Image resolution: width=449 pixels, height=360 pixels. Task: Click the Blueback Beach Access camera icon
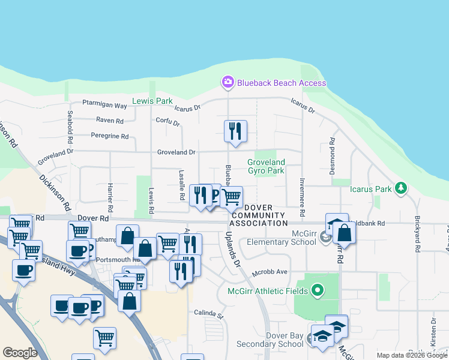click(228, 82)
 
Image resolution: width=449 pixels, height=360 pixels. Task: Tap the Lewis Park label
click(152, 101)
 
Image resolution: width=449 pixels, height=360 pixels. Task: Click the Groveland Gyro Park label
click(266, 166)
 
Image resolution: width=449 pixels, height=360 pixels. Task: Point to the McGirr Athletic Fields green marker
click(319, 292)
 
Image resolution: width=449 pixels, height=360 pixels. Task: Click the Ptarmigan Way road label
click(104, 106)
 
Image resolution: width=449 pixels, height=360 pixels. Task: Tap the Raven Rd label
click(110, 121)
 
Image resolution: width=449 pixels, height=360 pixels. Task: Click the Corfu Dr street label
click(169, 122)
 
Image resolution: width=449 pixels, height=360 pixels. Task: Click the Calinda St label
click(208, 313)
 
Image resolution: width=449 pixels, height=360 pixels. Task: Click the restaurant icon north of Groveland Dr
click(235, 131)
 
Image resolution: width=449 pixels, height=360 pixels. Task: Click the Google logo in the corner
click(20, 352)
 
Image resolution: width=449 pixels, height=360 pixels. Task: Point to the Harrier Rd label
click(110, 198)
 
